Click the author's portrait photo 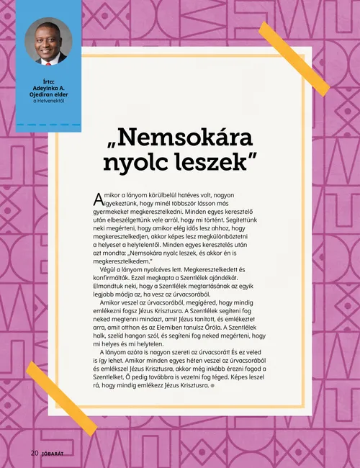coord(50,42)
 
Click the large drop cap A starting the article coord(99,199)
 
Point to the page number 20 coord(34,454)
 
